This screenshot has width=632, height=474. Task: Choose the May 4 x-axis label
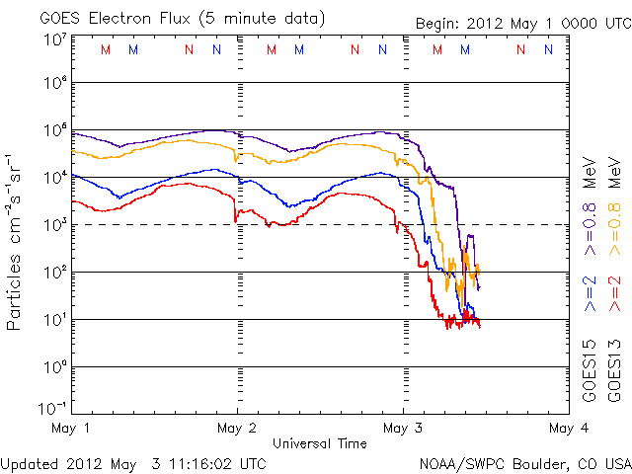click(565, 429)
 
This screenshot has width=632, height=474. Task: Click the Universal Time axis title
click(320, 443)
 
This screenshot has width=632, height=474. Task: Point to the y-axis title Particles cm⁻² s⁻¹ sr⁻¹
click(17, 240)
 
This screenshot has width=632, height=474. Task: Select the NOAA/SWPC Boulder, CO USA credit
click(523, 462)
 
